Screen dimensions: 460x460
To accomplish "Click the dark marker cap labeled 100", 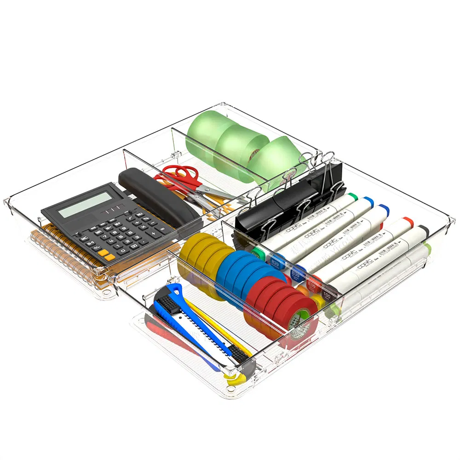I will click(x=327, y=294).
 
